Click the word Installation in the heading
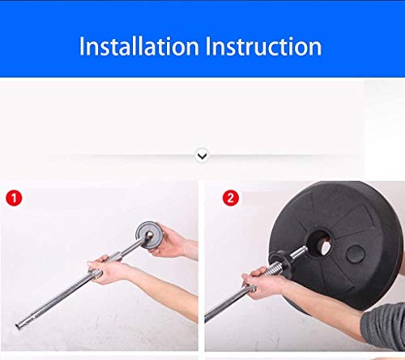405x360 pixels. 139,46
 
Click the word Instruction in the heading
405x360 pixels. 263,46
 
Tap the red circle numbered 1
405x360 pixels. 14,198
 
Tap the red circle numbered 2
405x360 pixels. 230,198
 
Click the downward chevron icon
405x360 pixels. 202,156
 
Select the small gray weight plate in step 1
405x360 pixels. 147,234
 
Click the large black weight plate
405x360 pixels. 336,245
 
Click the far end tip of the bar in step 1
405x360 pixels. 18,326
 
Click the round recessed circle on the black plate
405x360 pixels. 356,255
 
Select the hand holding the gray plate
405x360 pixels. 168,241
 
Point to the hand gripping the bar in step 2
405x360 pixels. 261,282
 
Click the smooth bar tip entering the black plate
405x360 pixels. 298,252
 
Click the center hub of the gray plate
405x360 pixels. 149,234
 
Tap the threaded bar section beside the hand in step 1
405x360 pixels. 113,257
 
